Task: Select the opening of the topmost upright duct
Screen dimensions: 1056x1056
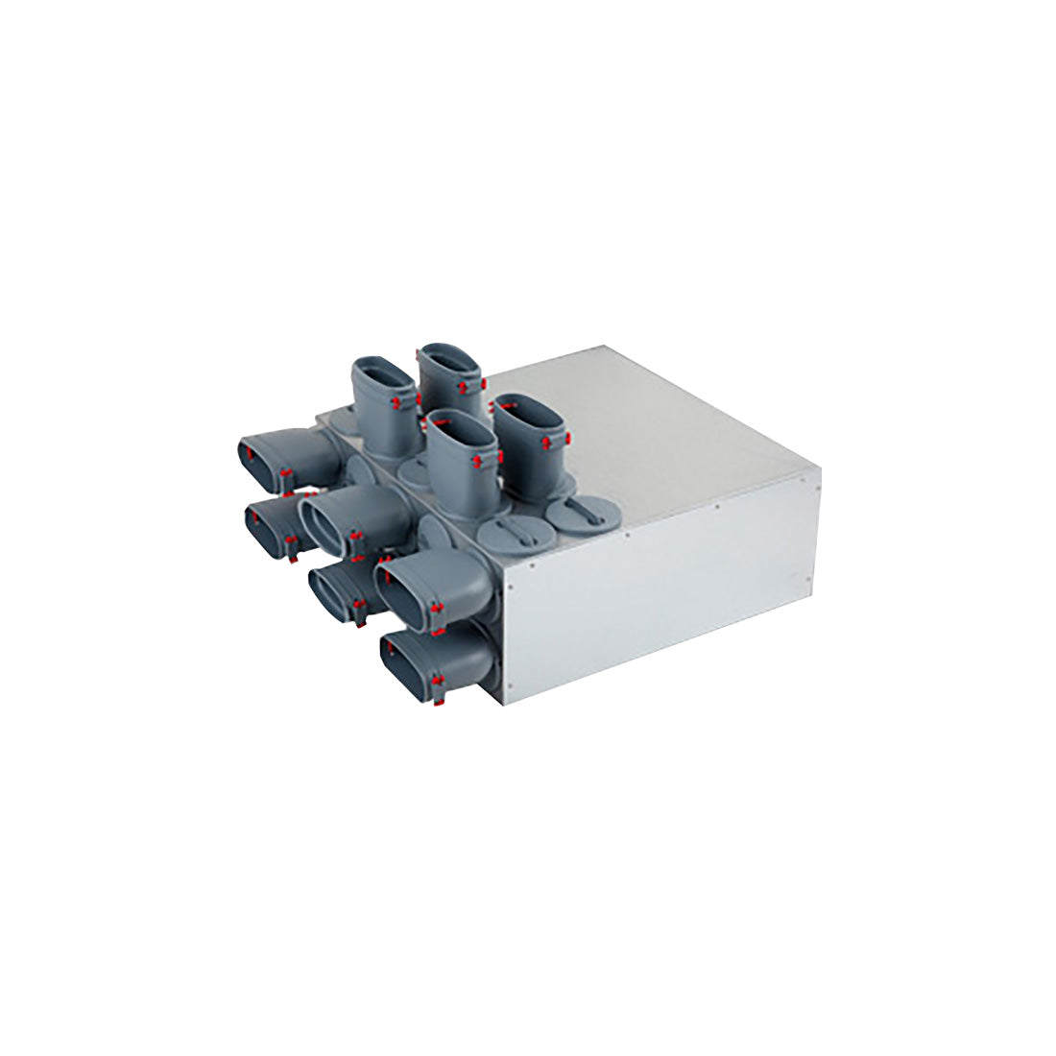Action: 449,357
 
